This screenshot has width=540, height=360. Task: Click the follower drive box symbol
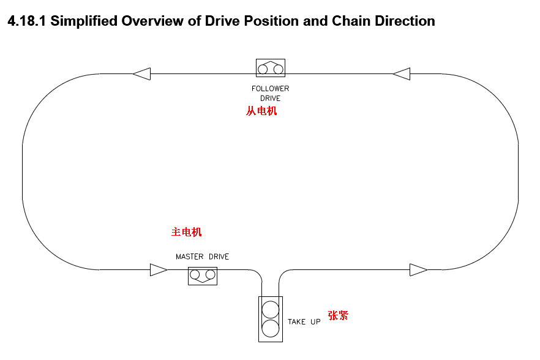271,68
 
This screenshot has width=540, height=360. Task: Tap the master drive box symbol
203,276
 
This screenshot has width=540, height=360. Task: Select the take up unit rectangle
271,318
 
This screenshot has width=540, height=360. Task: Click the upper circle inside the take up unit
271,308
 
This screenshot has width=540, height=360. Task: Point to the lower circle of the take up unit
271,329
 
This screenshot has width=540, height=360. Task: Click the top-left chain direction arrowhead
141,73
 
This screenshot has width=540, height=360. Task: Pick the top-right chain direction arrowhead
402,74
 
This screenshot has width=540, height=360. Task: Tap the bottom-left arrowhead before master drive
159,269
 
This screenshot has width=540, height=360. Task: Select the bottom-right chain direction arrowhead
419,269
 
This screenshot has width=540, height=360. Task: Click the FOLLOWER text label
271,89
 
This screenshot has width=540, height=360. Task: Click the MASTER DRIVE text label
203,257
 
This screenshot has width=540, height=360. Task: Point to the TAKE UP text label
304,321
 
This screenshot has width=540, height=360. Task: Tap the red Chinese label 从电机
261,111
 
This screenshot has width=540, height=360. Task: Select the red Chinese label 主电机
186,232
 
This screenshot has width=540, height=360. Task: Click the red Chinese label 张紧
338,316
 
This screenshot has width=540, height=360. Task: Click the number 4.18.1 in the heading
26,21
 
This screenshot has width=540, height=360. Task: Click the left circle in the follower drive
263,69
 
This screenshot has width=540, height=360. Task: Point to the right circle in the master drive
211,274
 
